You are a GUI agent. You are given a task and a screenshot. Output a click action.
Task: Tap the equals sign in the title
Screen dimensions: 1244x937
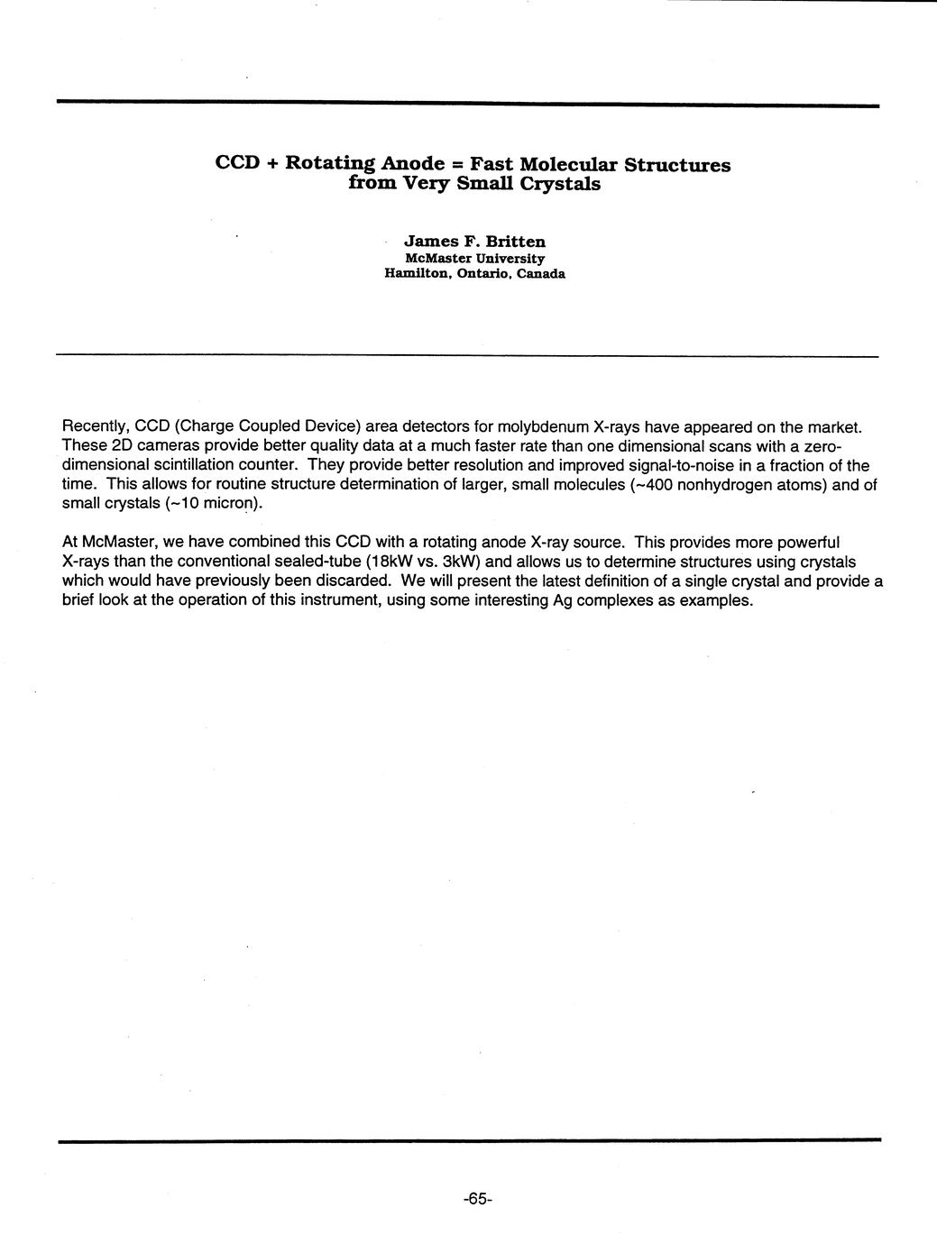457,164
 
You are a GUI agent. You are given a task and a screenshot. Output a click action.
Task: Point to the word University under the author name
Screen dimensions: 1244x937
510,258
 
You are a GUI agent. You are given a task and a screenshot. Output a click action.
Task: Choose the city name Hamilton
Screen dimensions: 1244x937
417,274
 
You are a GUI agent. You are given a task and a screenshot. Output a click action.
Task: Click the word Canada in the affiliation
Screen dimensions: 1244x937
541,274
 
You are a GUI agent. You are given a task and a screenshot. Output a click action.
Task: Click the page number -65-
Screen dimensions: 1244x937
476,1198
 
